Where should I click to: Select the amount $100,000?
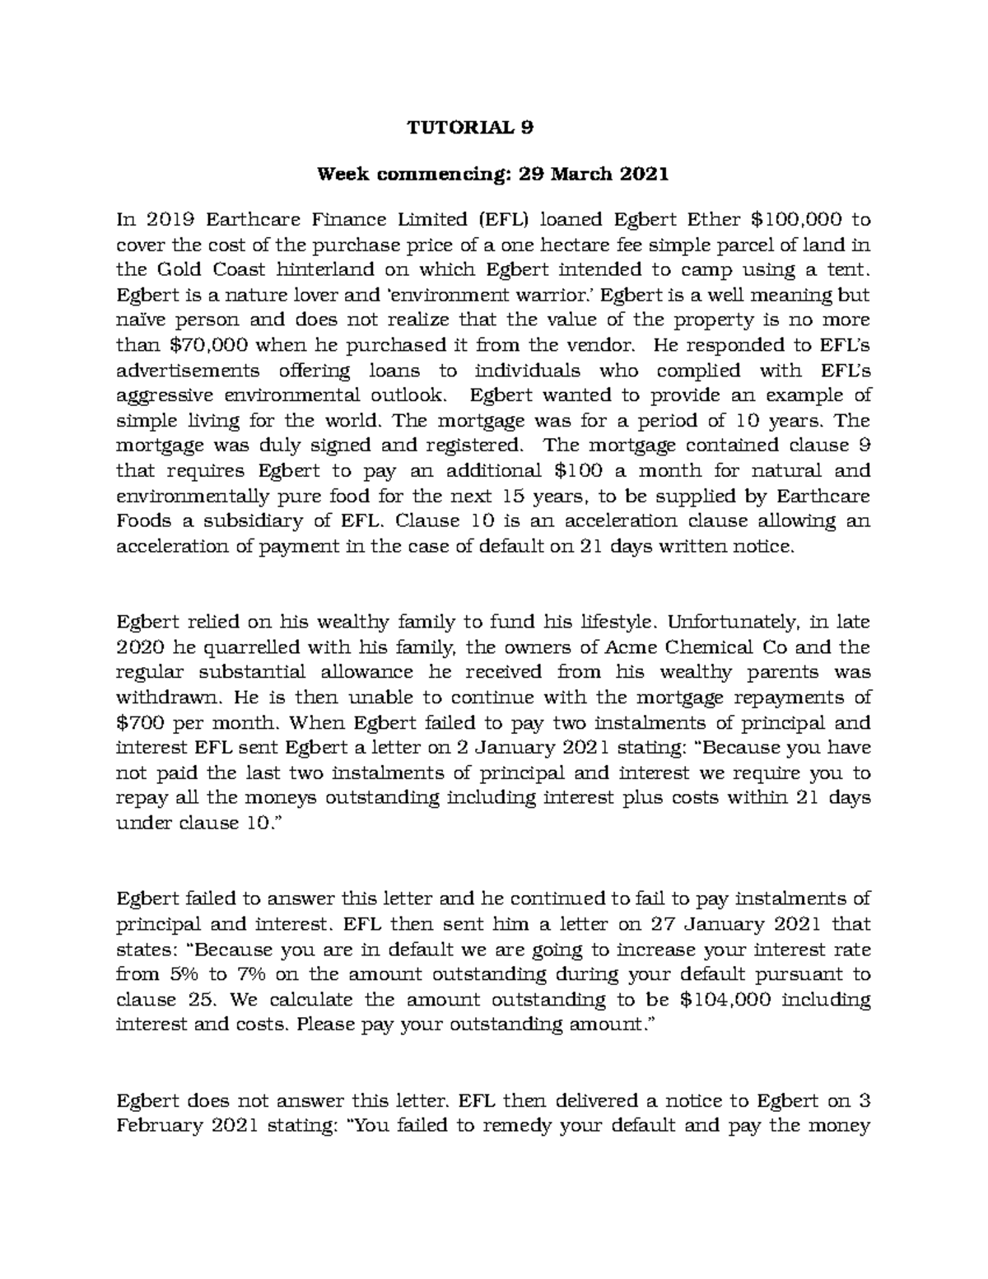[x=798, y=219]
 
